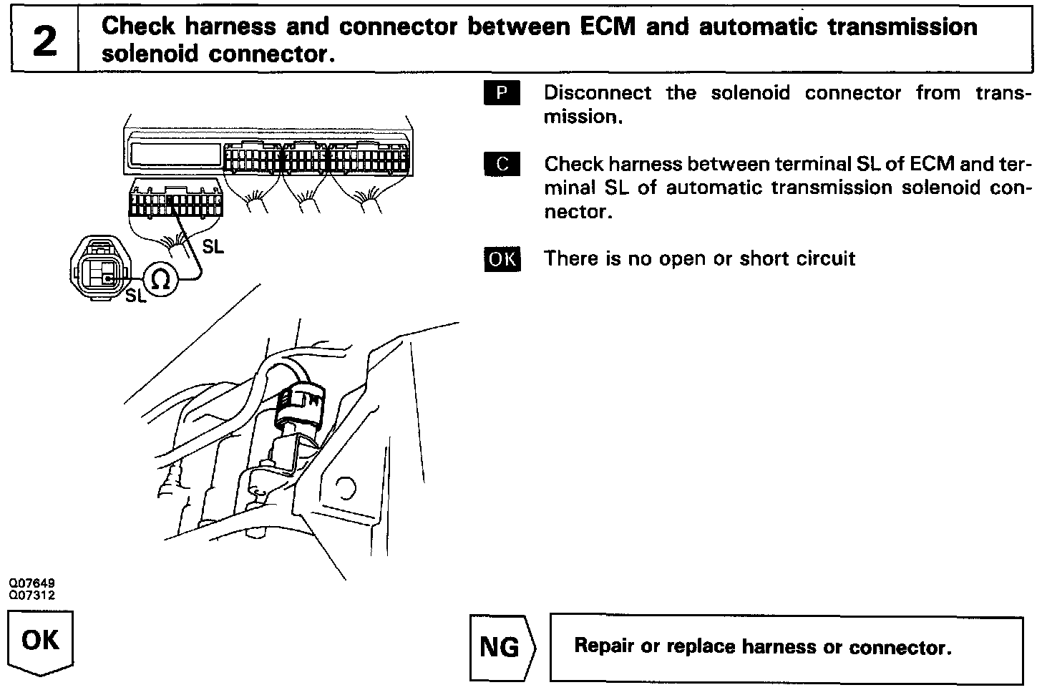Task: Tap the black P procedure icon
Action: click(x=502, y=92)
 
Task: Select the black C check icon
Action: click(x=502, y=164)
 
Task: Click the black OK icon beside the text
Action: click(x=502, y=258)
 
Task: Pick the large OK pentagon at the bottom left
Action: click(x=42, y=641)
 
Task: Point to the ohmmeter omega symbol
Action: click(x=162, y=278)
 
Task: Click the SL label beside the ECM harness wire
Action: click(x=213, y=247)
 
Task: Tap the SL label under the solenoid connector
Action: click(x=135, y=295)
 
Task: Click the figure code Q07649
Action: click(x=32, y=584)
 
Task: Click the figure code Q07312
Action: click(x=32, y=595)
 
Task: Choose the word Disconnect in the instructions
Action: click(x=598, y=93)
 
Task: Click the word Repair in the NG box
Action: click(x=604, y=646)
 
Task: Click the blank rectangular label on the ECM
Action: click(x=175, y=153)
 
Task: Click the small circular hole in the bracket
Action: click(x=345, y=488)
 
